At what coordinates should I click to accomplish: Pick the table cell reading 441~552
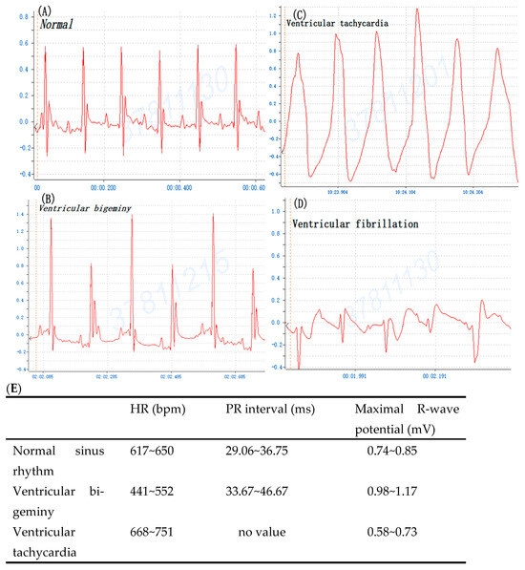click(x=159, y=496)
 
